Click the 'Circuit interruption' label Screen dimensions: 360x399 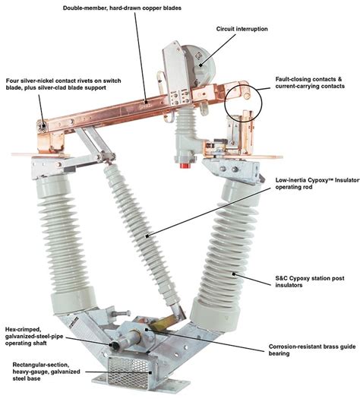(242, 29)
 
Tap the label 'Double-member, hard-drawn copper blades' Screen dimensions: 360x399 (122, 8)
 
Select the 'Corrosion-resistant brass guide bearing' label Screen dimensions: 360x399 (312, 350)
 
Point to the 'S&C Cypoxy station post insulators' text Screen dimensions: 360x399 (310, 281)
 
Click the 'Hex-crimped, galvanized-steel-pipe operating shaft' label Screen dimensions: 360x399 (34, 337)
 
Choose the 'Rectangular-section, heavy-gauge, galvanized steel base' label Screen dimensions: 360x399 (46, 372)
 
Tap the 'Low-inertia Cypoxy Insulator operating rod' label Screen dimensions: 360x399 (317, 183)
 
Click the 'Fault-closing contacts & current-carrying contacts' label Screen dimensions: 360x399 (310, 83)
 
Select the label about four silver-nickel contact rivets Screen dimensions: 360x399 (63, 84)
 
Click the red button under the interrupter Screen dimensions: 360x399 (185, 166)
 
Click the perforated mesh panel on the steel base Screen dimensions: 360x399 (128, 374)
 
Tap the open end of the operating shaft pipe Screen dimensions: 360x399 (115, 345)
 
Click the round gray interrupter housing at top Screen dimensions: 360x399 (200, 63)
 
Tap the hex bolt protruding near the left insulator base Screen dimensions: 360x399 (120, 313)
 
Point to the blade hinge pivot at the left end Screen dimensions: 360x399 (43, 125)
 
